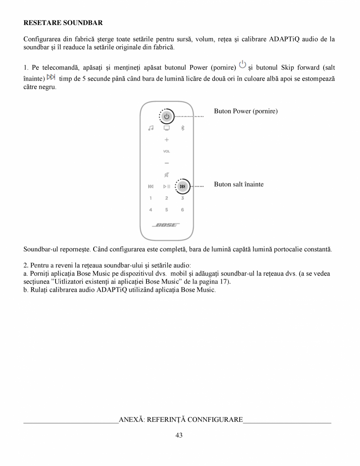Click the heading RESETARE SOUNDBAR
click(x=63, y=23)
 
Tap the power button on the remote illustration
click(x=166, y=116)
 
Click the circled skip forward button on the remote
click(x=183, y=186)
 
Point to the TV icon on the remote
click(x=166, y=128)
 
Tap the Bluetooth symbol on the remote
click(x=182, y=128)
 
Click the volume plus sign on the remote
click(x=166, y=140)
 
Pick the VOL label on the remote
click(x=166, y=151)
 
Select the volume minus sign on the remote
click(x=166, y=163)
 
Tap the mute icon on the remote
click(x=166, y=175)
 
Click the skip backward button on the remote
click(x=151, y=186)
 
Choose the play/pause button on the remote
click(x=166, y=186)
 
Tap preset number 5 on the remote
click(x=166, y=210)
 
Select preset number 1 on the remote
click(x=151, y=198)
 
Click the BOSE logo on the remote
click(x=166, y=225)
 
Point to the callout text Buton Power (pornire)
click(x=246, y=111)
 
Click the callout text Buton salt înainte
click(x=239, y=184)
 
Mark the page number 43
click(x=179, y=435)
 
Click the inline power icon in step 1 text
click(x=243, y=64)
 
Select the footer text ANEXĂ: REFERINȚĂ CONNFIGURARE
click(x=181, y=420)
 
